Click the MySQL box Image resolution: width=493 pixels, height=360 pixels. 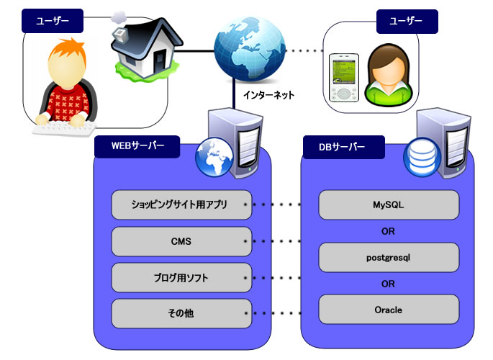click(x=389, y=204)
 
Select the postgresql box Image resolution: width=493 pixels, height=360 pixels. click(x=389, y=256)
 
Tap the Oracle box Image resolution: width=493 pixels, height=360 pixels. click(x=389, y=310)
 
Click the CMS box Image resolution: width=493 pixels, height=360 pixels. click(x=181, y=241)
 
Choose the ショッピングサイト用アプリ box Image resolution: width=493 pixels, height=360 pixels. click(x=181, y=204)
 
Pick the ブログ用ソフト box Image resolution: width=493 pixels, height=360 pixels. click(x=181, y=277)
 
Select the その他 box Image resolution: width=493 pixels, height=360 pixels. click(x=181, y=314)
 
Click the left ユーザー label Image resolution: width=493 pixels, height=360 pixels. click(x=53, y=20)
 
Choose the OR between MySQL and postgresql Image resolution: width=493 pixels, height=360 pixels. click(x=389, y=231)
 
